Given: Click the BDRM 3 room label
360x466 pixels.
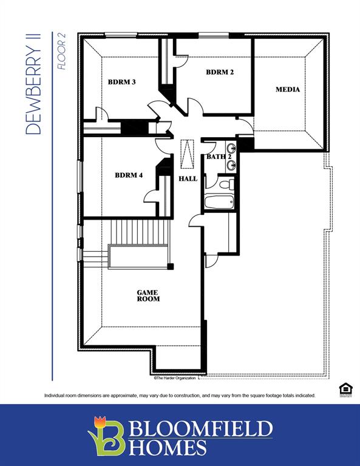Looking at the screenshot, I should pos(121,82).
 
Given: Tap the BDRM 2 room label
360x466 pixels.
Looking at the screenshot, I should pos(220,72).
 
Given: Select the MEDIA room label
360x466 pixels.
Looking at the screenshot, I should pos(287,90).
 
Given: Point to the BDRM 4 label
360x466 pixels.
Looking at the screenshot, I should pos(129,175).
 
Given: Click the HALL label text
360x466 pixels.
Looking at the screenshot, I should pos(188,179).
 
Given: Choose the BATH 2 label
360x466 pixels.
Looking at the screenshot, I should pos(216,157).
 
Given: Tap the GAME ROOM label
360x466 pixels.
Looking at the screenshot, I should pos(148,295).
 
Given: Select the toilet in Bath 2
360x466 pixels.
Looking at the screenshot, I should pos(224,184).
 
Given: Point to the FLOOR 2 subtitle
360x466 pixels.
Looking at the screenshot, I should pos(61,53).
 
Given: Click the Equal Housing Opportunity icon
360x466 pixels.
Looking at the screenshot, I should pos(345,390).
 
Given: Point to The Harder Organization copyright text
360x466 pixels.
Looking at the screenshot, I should pos(175,377).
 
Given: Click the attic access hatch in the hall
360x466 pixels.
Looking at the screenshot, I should pos(188,154).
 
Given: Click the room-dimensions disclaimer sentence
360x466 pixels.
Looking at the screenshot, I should pos(180,396).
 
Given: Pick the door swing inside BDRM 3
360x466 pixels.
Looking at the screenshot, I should pos(101,113).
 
